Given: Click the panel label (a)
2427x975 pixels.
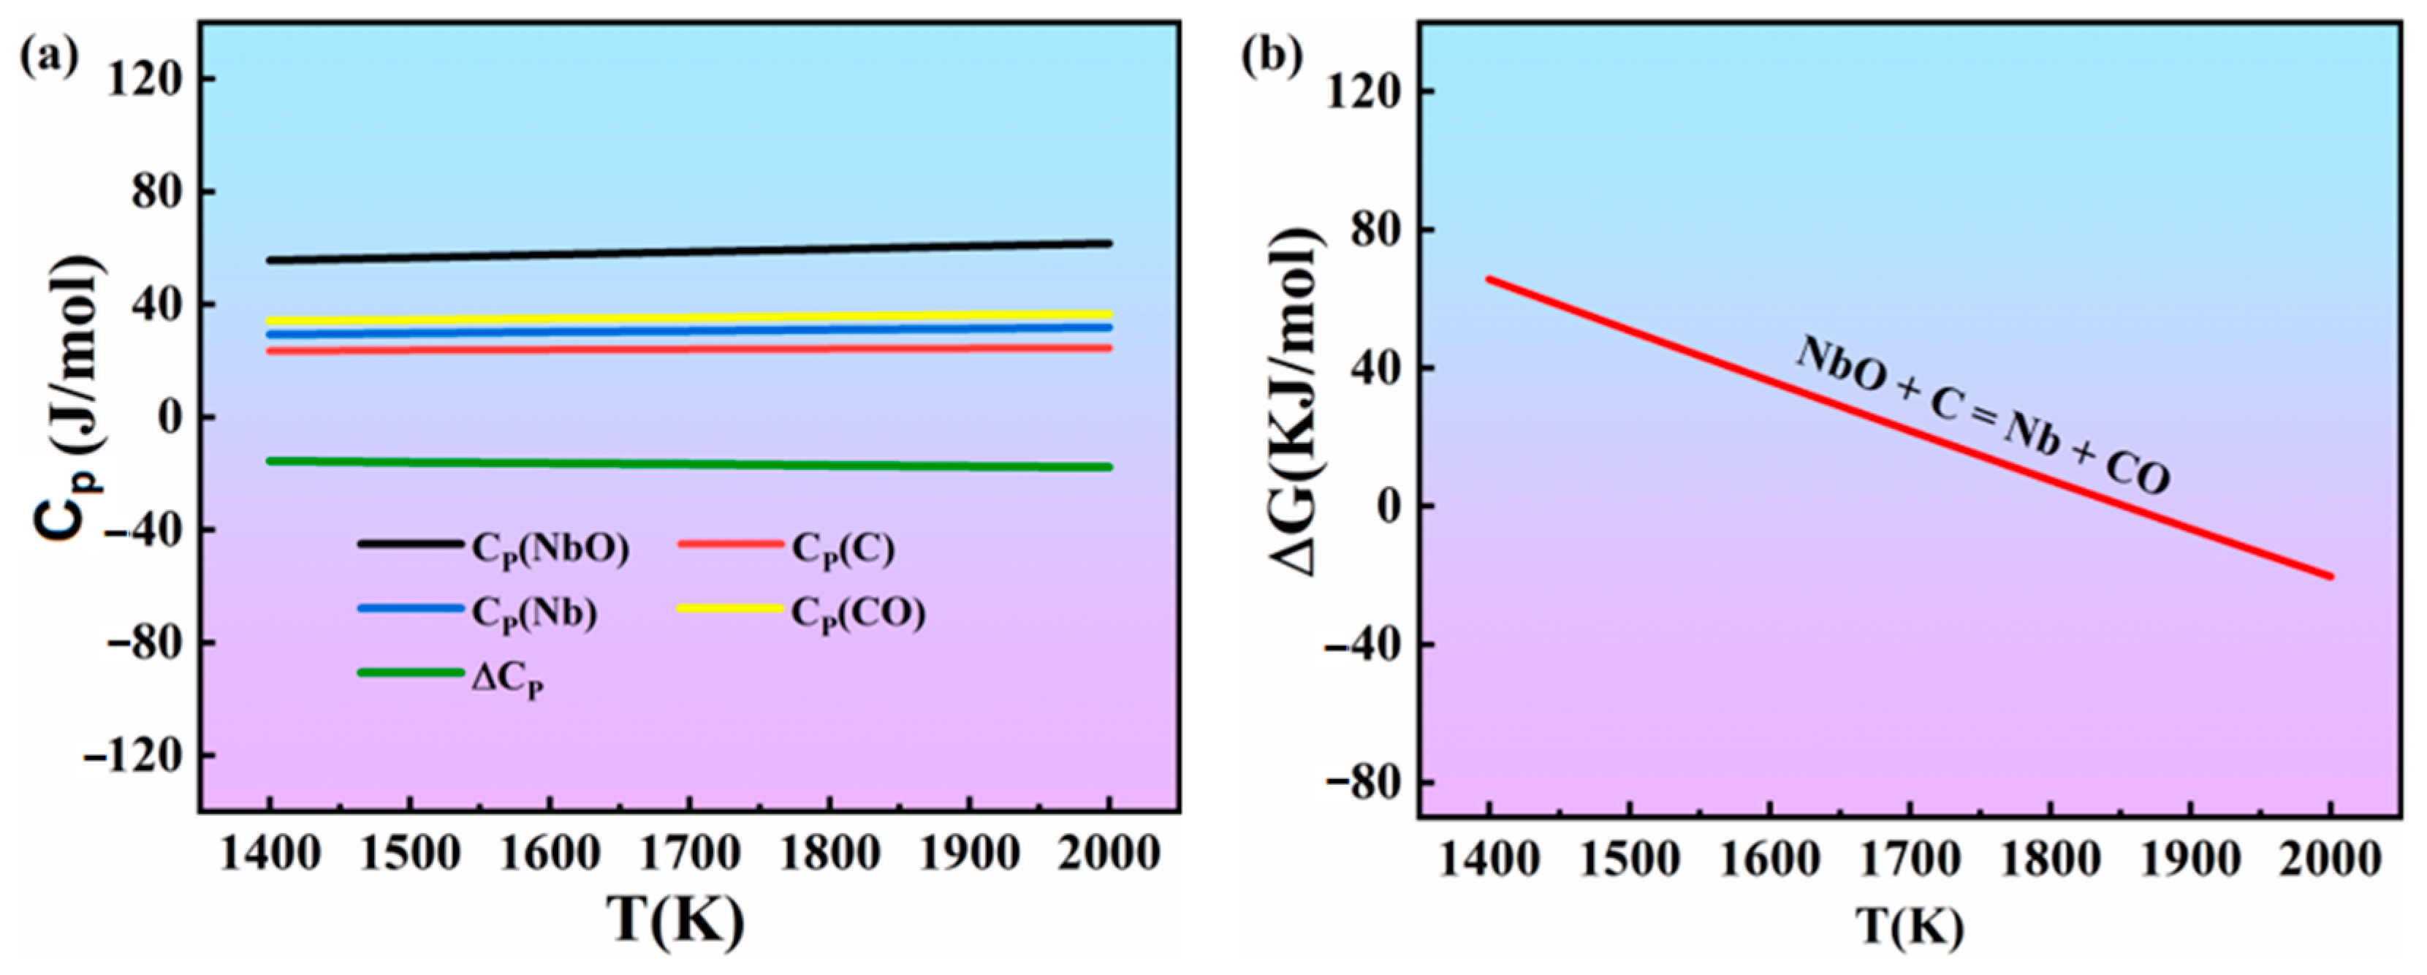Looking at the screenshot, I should pos(49,58).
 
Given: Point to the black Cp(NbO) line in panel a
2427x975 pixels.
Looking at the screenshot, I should pos(688,251).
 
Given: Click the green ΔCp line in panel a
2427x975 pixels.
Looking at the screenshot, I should pos(688,463).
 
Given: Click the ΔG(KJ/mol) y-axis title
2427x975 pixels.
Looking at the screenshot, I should pos(1299,401).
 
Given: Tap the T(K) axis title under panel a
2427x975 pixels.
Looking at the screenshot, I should pos(675,920).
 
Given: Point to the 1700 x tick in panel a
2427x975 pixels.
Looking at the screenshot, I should pos(690,854).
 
